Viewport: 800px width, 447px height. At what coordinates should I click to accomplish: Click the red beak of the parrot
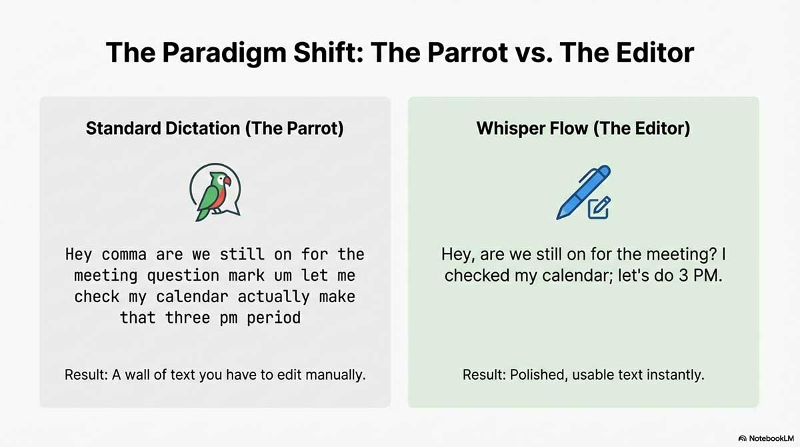pyautogui.click(x=227, y=181)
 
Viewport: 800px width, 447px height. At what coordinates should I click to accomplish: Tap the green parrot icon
pyautogui.click(x=214, y=194)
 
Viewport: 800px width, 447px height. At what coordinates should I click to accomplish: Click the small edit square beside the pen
pyautogui.click(x=599, y=208)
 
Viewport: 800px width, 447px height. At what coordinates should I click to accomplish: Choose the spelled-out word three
pyautogui.click(x=187, y=318)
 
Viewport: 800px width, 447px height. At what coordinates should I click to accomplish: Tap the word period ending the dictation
pyautogui.click(x=275, y=318)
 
